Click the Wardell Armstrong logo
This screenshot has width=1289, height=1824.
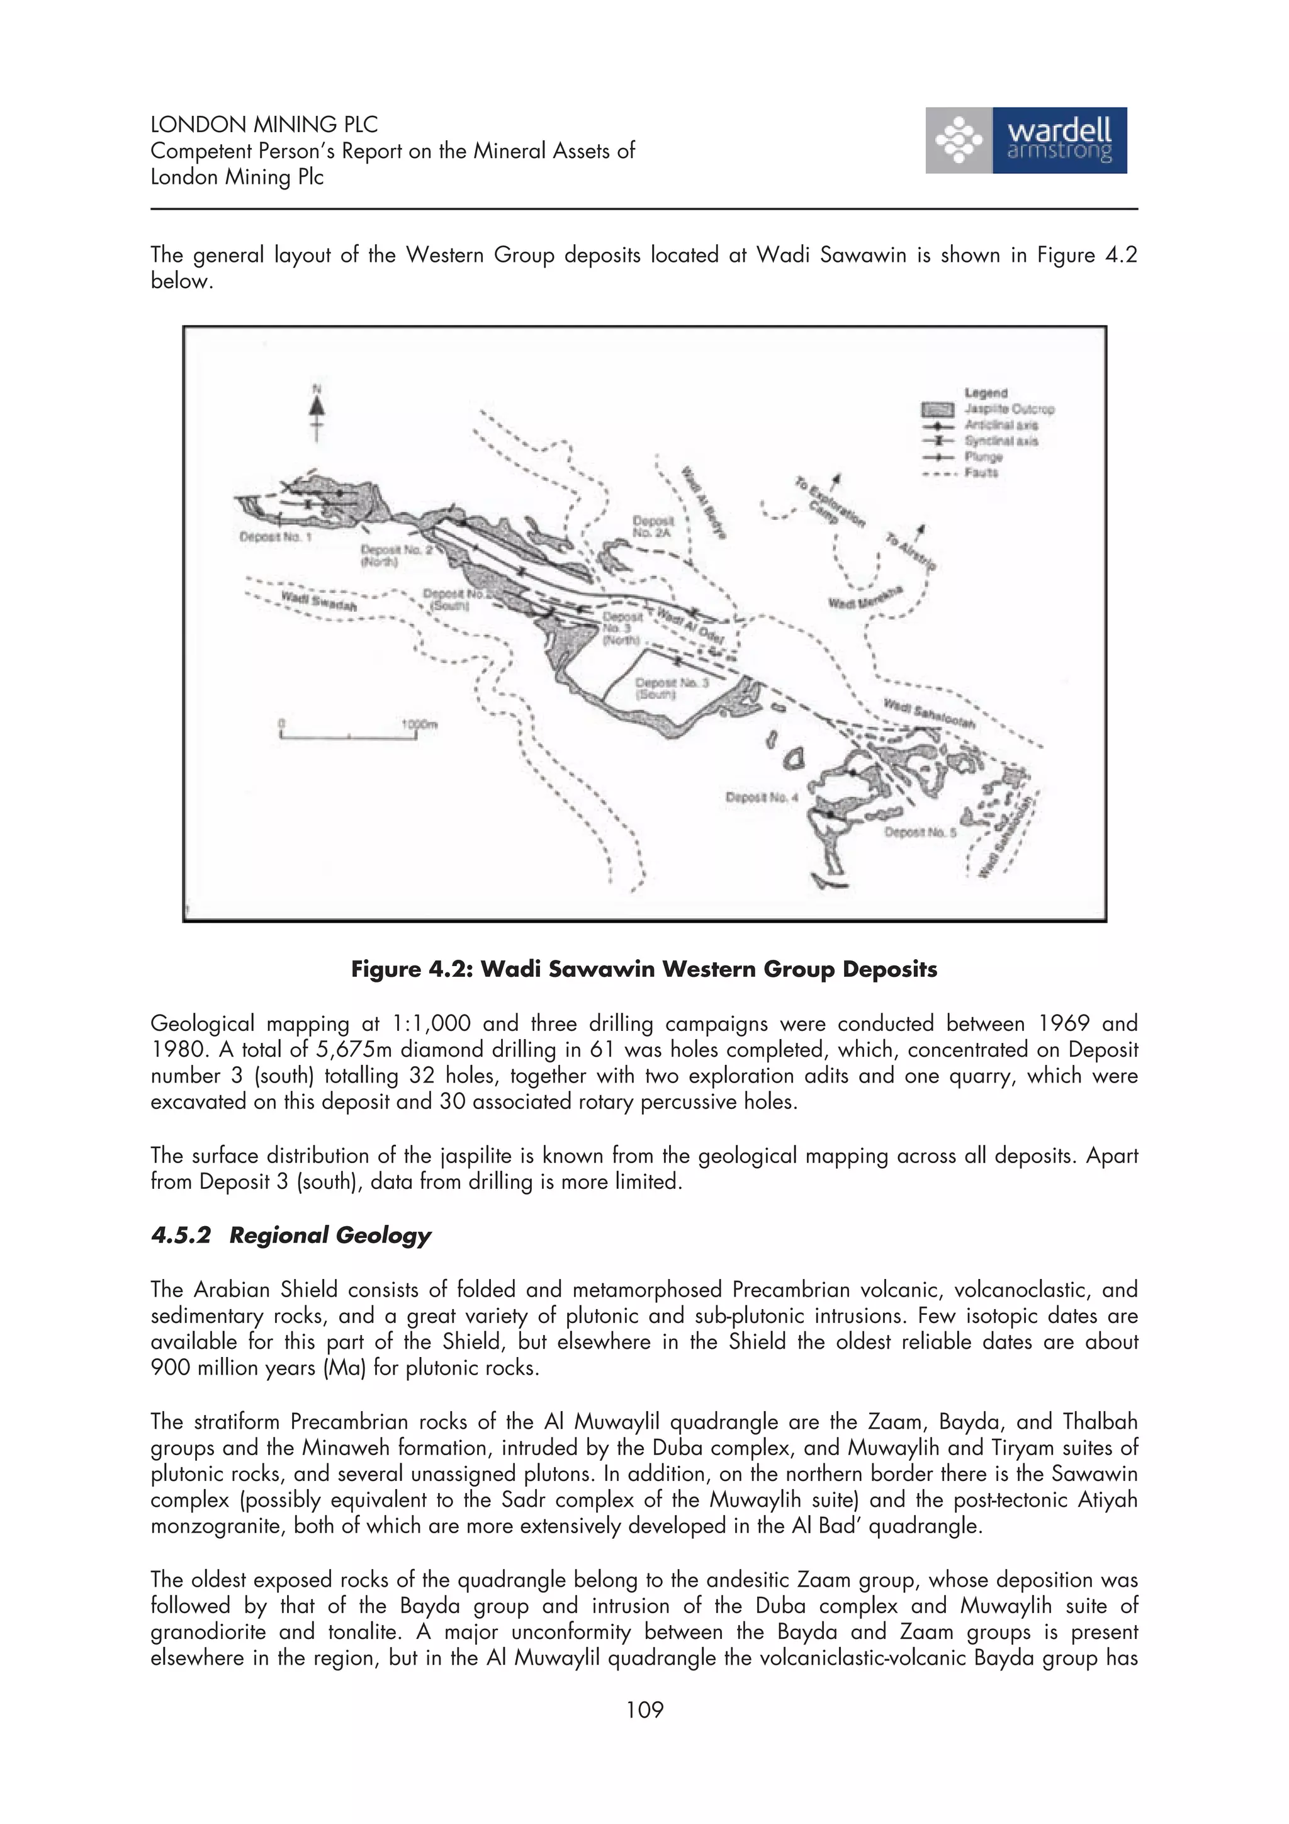(1025, 140)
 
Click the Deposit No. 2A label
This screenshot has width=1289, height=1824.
(652, 527)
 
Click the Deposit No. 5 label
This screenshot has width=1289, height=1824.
(920, 833)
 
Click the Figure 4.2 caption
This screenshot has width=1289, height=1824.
(644, 969)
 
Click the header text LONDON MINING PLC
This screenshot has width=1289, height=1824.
(264, 125)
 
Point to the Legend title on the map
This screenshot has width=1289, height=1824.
(986, 393)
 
